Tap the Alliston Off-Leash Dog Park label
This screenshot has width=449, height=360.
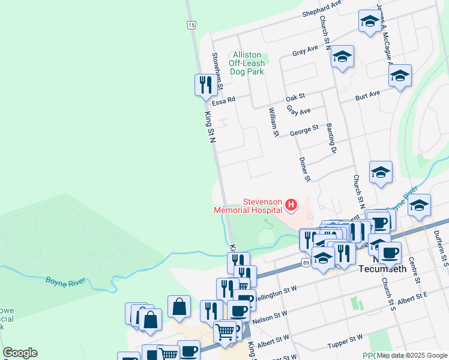(247, 63)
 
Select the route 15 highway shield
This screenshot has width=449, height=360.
(191, 25)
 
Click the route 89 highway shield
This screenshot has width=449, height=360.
(306, 263)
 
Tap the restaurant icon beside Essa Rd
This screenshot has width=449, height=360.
(206, 85)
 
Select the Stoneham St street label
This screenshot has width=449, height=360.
(217, 71)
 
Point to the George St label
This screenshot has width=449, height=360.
(304, 130)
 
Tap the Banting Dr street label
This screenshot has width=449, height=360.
(330, 139)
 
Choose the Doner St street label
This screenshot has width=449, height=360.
(305, 169)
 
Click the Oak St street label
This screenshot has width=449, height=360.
(295, 97)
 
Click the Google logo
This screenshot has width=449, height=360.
(20, 353)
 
